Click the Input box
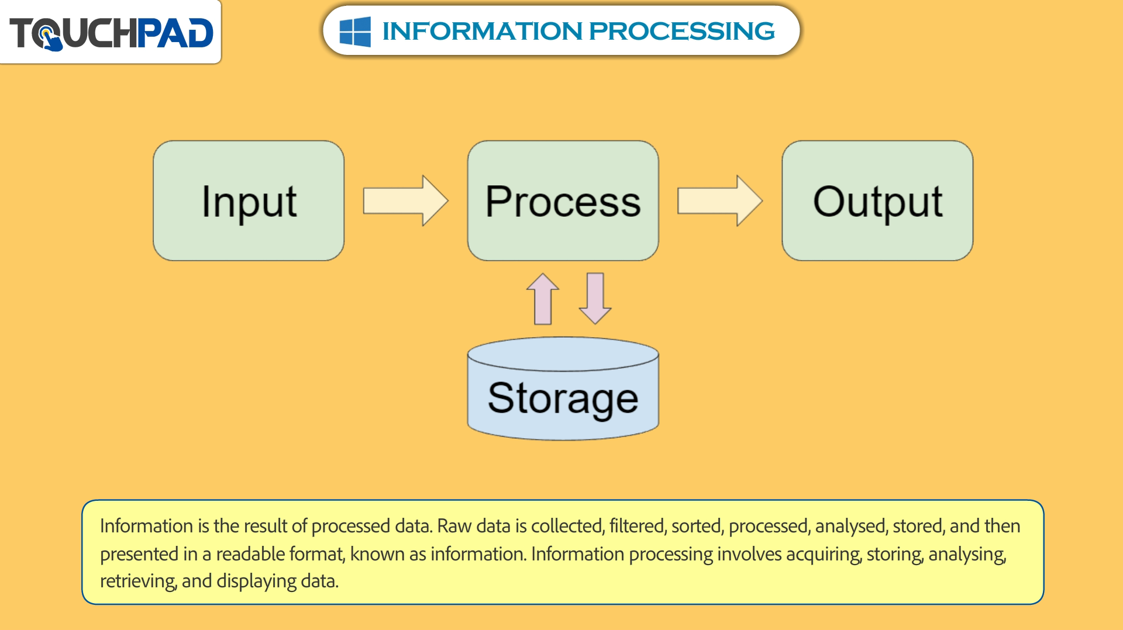coord(249,200)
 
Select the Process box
coord(563,200)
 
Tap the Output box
coord(877,200)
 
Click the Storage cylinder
coord(563,389)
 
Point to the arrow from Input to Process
coord(405,200)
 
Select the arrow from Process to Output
coord(720,200)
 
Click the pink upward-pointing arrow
coord(543,299)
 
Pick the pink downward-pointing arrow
coord(595,299)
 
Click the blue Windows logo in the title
coord(355,31)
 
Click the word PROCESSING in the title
coord(682,31)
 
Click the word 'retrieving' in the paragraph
coord(138,581)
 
